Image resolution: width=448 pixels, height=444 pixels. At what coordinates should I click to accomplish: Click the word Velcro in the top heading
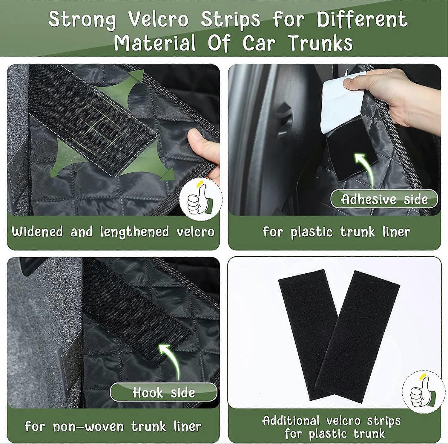click(158, 19)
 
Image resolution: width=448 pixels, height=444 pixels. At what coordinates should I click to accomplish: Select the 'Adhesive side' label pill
click(384, 199)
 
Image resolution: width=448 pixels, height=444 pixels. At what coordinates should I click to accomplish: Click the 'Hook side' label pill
click(164, 392)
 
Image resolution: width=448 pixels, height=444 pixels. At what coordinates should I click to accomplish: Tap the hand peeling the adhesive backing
click(394, 96)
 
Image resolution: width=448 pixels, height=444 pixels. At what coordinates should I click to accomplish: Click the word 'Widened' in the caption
click(37, 232)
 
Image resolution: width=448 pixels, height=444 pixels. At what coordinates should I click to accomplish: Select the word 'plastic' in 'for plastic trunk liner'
click(312, 232)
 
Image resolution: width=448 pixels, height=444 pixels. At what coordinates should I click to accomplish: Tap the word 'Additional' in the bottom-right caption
click(291, 421)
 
